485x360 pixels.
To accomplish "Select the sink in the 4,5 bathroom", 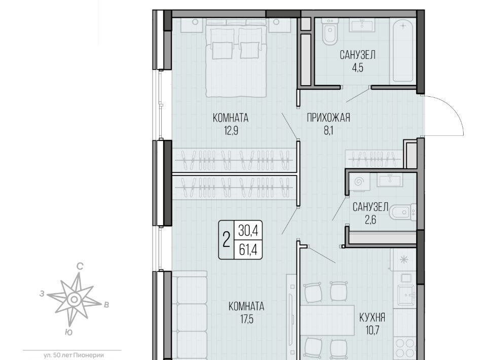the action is [362, 25].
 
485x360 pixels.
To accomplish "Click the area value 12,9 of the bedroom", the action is [231, 131].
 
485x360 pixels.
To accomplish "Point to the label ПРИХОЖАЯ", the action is [328, 118].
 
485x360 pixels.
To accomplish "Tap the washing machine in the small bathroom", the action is [359, 182].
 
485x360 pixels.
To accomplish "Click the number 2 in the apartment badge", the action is [227, 240].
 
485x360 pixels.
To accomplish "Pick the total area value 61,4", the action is [248, 249].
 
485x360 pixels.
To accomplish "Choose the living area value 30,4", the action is [248, 231].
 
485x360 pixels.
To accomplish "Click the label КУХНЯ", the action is [372, 317].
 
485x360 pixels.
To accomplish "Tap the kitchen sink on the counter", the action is [405, 294].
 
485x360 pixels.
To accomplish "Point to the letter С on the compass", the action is [80, 266].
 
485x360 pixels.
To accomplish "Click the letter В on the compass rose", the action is [106, 305].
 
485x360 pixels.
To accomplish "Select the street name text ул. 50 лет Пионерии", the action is [73, 355].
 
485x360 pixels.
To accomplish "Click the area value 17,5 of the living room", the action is [246, 319].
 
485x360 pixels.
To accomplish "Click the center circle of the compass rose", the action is [74, 299].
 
